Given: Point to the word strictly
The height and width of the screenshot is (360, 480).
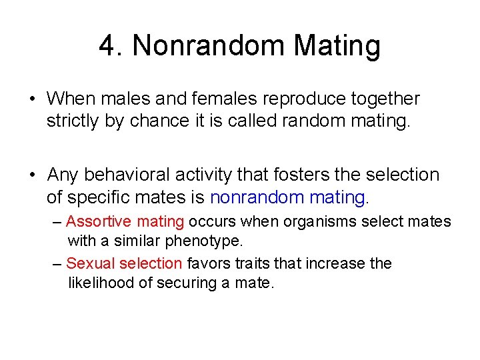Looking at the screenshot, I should (73, 122).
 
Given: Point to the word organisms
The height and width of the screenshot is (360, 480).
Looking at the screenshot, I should (314, 221).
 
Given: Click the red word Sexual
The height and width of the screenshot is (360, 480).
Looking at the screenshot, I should (89, 263).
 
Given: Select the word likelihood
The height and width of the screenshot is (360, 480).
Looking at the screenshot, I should (101, 282).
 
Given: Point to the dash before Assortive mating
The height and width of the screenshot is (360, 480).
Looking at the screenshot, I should (57, 222).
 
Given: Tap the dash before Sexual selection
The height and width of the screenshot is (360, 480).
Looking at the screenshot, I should (57, 264).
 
